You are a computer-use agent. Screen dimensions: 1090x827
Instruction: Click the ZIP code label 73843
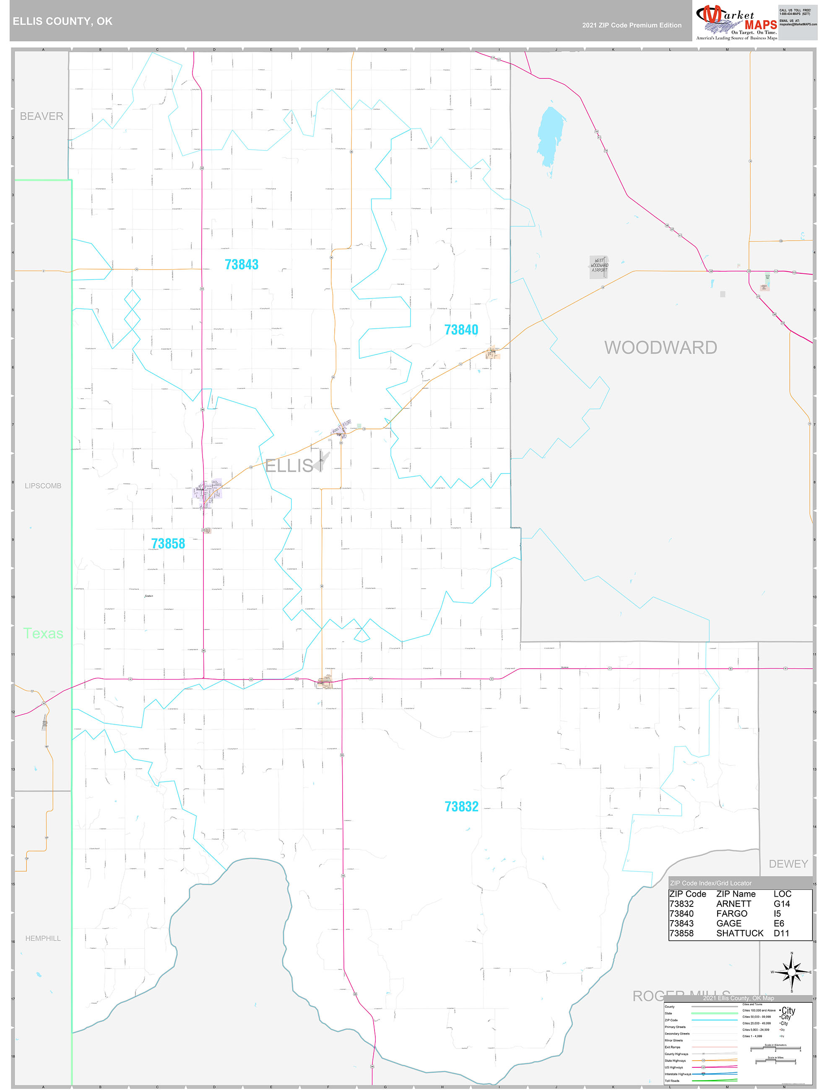[x=242, y=265]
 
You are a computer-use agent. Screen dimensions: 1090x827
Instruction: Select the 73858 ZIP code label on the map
[x=168, y=543]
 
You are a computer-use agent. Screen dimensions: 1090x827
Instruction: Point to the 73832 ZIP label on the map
[x=461, y=806]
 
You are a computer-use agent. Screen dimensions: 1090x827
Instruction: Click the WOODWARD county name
[x=661, y=348]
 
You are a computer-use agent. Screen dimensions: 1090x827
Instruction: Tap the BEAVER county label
[x=42, y=116]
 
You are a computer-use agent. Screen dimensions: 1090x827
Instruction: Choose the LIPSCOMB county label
[x=43, y=486]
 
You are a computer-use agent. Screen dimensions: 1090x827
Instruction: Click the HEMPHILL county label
[x=43, y=938]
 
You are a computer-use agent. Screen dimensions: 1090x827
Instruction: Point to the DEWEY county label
[x=788, y=864]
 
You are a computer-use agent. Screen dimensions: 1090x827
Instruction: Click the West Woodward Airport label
[x=599, y=265]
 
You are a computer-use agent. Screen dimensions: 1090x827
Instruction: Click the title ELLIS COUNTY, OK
[x=62, y=21]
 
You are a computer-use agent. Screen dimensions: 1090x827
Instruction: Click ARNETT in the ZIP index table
[x=733, y=904]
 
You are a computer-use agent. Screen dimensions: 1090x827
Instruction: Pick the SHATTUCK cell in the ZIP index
[x=739, y=933]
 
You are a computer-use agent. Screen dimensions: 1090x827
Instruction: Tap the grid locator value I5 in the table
[x=777, y=914]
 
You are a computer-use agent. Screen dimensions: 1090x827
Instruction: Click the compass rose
[x=791, y=972]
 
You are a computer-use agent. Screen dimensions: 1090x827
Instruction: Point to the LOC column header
[x=782, y=894]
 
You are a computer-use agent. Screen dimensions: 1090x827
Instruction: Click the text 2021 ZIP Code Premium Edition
[x=632, y=25]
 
